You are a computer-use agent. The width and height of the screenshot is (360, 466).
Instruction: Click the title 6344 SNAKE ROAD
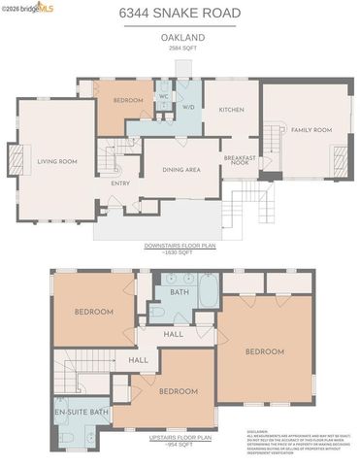click(x=180, y=14)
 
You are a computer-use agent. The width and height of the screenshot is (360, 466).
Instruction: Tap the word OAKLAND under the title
click(x=180, y=37)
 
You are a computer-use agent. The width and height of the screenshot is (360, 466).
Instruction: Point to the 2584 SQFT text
click(x=180, y=46)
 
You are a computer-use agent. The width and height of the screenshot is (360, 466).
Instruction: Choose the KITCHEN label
click(x=232, y=110)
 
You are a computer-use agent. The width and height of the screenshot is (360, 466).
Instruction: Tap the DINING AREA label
click(x=180, y=169)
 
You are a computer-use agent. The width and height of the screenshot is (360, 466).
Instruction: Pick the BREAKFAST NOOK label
click(x=239, y=161)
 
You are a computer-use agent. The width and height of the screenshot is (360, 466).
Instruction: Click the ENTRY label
click(x=120, y=183)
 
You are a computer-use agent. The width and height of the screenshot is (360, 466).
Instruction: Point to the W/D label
click(x=188, y=108)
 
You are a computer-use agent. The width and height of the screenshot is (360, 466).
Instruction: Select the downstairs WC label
click(x=164, y=97)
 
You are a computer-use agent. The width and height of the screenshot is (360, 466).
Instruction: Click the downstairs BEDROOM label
click(x=128, y=101)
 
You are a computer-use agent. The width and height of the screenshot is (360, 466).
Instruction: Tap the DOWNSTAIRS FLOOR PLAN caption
click(x=180, y=247)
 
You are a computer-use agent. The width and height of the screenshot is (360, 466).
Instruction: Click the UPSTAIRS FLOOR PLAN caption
click(x=180, y=438)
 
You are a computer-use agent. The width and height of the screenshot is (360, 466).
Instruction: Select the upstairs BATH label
click(x=180, y=291)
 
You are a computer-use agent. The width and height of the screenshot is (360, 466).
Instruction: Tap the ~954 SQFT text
click(x=180, y=445)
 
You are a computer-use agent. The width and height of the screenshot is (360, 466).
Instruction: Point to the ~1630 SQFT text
click(x=180, y=252)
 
